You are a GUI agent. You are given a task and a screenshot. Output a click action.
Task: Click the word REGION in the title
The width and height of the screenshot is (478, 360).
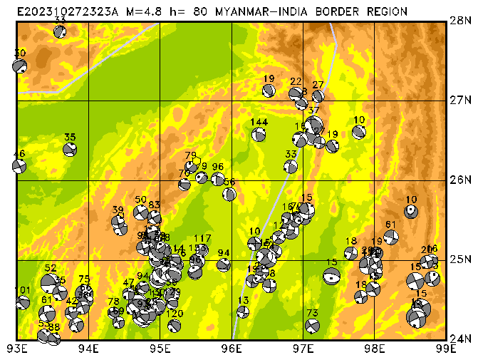coord(389,11)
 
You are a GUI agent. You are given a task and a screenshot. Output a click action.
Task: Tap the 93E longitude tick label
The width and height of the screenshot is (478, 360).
coord(17,349)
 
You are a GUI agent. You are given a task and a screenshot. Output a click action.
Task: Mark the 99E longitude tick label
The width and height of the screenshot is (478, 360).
coord(445,349)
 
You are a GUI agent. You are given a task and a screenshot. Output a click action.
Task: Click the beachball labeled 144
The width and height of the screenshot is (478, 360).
coord(259,134)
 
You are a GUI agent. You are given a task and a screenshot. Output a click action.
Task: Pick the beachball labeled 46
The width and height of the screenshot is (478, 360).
coord(19,166)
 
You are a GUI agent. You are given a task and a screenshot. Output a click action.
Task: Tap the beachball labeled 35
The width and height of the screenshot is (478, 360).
coord(70,150)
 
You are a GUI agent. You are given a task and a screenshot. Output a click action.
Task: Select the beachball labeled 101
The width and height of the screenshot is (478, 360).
coord(23,302)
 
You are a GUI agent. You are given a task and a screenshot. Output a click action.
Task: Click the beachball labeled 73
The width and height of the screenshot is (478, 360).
coord(312,326)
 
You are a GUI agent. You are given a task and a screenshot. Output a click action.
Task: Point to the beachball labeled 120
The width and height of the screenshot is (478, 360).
coord(175,326)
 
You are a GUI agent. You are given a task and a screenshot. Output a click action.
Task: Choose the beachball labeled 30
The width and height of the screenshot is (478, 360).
coord(20,66)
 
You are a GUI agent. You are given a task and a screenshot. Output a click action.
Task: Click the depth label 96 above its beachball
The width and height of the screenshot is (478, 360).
coord(218,167)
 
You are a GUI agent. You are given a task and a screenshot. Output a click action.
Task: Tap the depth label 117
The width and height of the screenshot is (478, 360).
coord(202,238)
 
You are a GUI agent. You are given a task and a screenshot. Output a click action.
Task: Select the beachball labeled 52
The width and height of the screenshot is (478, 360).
coord(49,282)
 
